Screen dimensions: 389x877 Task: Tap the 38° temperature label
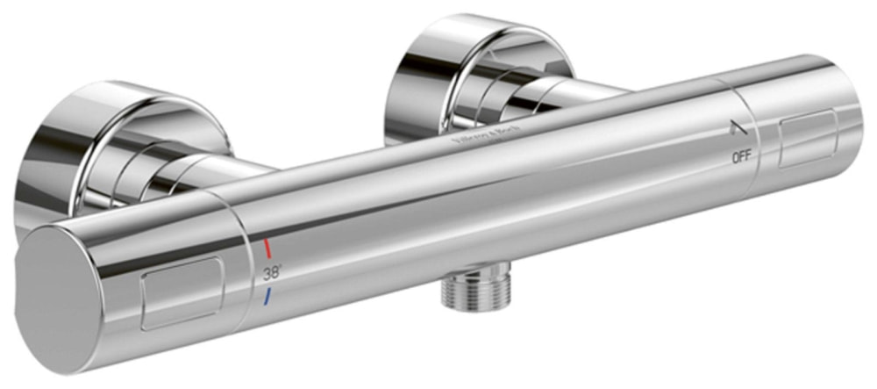(x=272, y=272)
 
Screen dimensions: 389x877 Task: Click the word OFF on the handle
(x=741, y=158)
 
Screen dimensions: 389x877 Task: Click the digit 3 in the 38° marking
(x=267, y=272)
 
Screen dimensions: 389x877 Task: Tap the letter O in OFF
(x=734, y=158)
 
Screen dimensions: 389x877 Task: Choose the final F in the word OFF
(x=748, y=158)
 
